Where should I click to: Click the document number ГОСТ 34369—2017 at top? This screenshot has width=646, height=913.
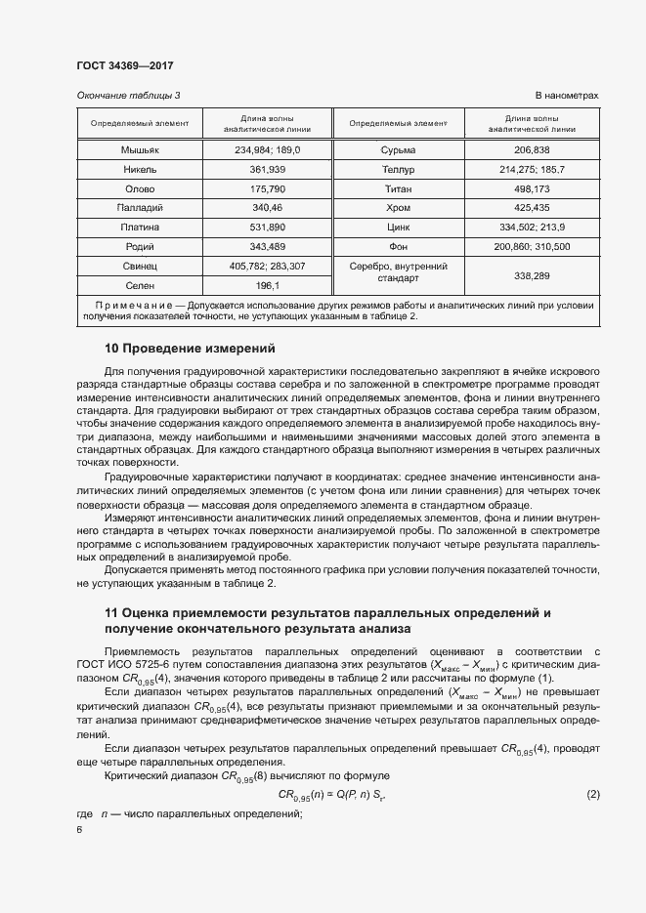(x=124, y=65)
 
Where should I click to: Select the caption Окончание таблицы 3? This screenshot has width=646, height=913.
(x=128, y=95)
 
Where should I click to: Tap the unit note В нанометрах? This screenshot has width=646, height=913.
(x=566, y=95)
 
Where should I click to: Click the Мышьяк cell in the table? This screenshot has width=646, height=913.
(x=140, y=149)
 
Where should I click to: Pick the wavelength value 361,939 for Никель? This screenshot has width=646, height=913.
(x=267, y=169)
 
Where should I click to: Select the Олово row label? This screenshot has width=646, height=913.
(x=140, y=188)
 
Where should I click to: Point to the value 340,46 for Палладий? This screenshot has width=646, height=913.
(x=267, y=208)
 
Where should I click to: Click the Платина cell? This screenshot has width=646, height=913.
(x=140, y=227)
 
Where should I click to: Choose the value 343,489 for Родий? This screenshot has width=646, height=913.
(x=267, y=246)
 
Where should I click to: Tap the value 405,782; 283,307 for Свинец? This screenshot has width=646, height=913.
(x=267, y=266)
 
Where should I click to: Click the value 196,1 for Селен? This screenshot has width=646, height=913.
(x=267, y=285)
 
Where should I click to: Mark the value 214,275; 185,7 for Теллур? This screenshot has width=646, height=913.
(x=532, y=169)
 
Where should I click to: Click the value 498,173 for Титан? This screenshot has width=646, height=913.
(x=532, y=188)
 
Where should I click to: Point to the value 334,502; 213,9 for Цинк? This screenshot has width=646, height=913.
(x=532, y=227)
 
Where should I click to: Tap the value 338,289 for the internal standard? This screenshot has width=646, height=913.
(x=532, y=275)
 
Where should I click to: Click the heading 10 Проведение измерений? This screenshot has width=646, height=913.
(x=190, y=349)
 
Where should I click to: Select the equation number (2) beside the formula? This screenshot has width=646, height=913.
(x=592, y=794)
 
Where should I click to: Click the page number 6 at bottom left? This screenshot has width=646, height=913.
(x=79, y=829)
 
